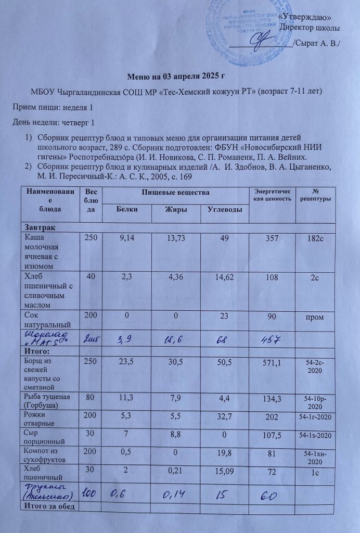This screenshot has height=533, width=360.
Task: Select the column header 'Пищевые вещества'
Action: [x=175, y=193]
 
